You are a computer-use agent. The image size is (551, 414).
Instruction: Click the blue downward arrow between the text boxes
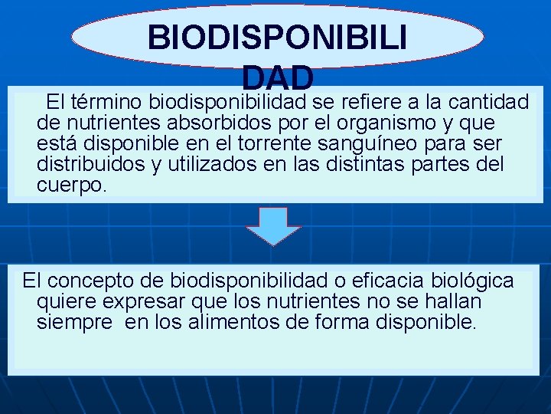(277, 225)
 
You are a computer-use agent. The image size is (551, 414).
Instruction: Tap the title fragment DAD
(277, 77)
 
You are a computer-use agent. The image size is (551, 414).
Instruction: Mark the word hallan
(452, 301)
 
